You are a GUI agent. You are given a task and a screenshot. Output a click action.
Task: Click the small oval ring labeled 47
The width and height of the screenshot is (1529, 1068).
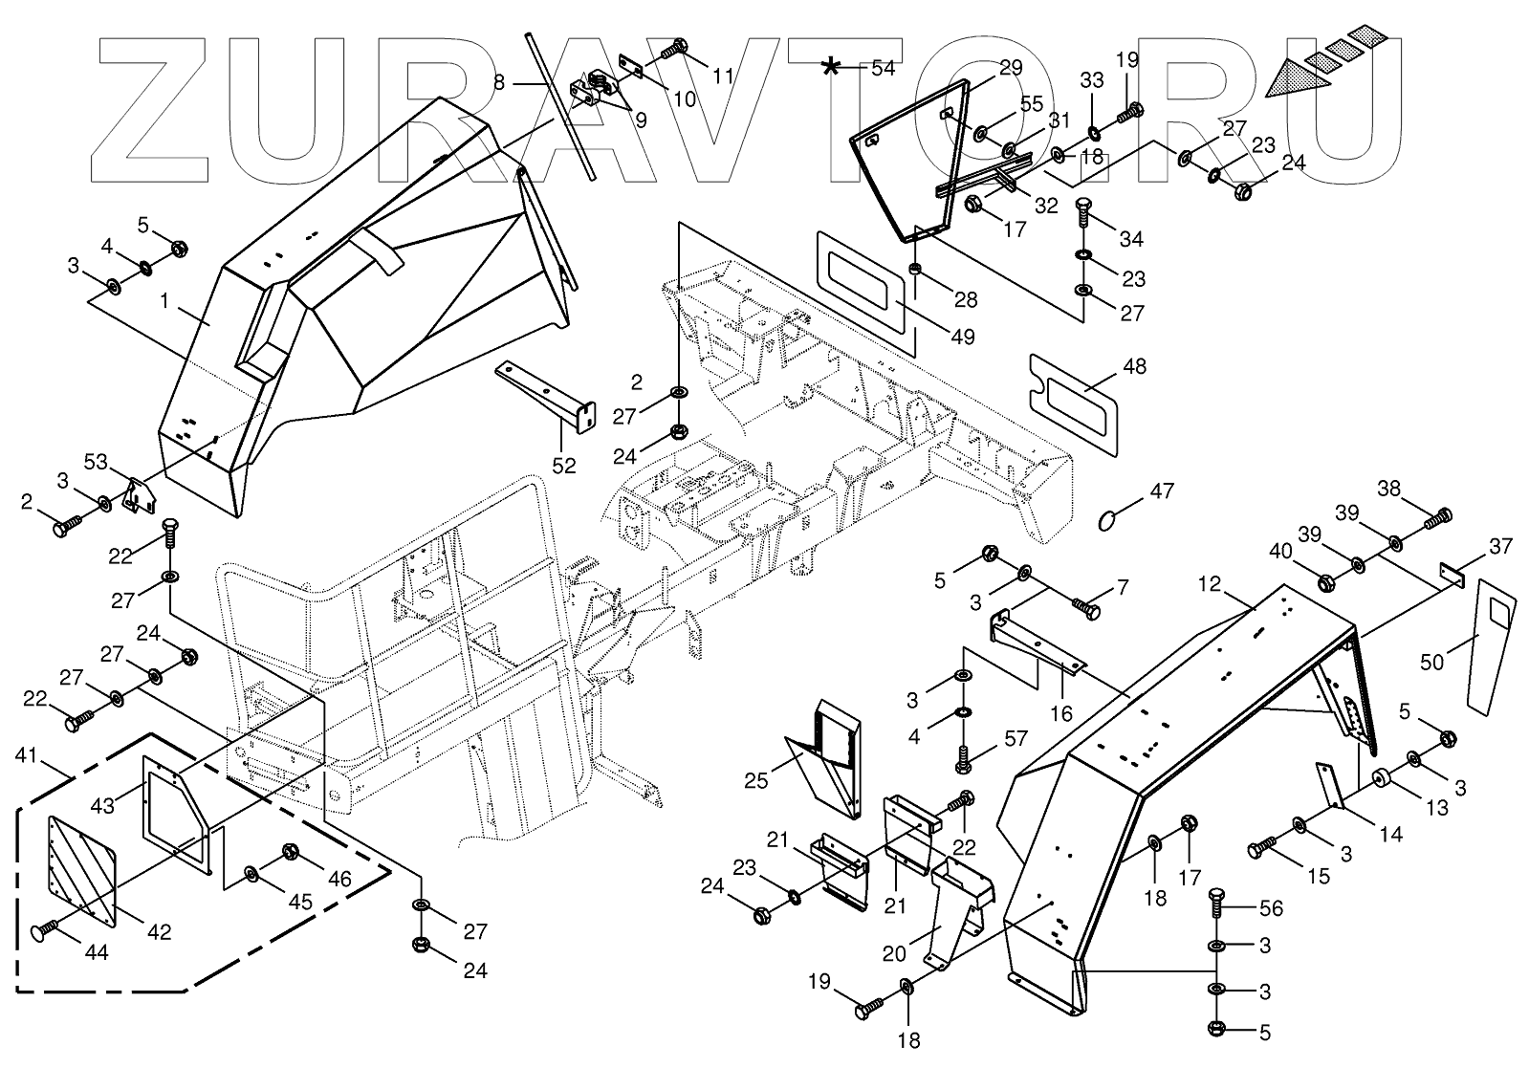[x=1108, y=519]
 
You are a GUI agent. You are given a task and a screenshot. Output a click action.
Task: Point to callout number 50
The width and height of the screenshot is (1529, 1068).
[x=1431, y=662]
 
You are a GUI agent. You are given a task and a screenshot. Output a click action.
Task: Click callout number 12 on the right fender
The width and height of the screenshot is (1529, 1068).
[x=1212, y=582]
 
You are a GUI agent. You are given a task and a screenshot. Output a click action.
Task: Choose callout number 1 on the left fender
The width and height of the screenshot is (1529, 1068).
[x=164, y=301]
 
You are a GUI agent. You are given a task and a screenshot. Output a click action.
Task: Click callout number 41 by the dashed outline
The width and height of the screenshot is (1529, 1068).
[x=29, y=755]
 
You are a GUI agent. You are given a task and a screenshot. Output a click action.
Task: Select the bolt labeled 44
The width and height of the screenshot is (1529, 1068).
[x=45, y=931]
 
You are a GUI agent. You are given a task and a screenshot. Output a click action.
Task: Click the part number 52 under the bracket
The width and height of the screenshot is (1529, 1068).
[x=564, y=466]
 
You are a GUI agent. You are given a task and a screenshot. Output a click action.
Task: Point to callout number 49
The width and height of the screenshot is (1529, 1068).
[x=962, y=337]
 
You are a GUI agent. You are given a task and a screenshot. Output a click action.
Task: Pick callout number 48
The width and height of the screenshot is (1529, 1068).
[x=1134, y=366]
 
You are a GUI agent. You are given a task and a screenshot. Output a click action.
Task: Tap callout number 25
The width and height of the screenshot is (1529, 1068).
[x=755, y=781]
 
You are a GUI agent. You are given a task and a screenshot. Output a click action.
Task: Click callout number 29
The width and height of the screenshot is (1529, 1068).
[x=1011, y=68]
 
